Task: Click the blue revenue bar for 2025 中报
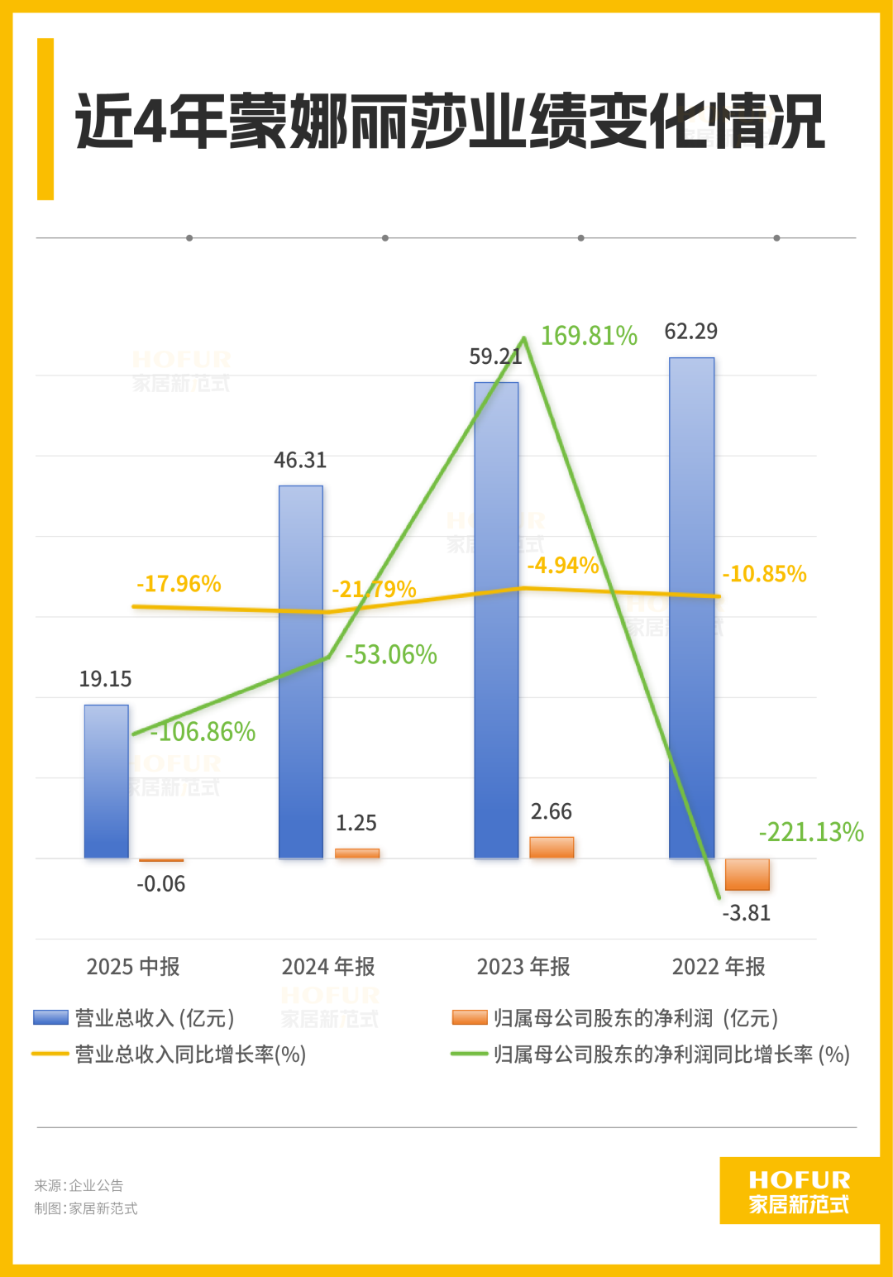[107, 781]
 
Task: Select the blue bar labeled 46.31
[301, 672]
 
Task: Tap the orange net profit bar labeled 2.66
[552, 847]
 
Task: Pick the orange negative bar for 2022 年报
[747, 874]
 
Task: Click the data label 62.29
[691, 332]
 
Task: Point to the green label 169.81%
[589, 336]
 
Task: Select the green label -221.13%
[811, 832]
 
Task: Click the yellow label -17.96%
[179, 584]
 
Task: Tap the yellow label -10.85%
[764, 574]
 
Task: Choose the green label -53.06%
[391, 655]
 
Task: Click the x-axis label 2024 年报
[328, 966]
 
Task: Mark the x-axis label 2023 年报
[523, 966]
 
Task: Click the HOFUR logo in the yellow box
[799, 1191]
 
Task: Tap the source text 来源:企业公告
[79, 1185]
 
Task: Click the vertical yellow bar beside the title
[45, 119]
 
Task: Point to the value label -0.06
[161, 884]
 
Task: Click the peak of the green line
[524, 338]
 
